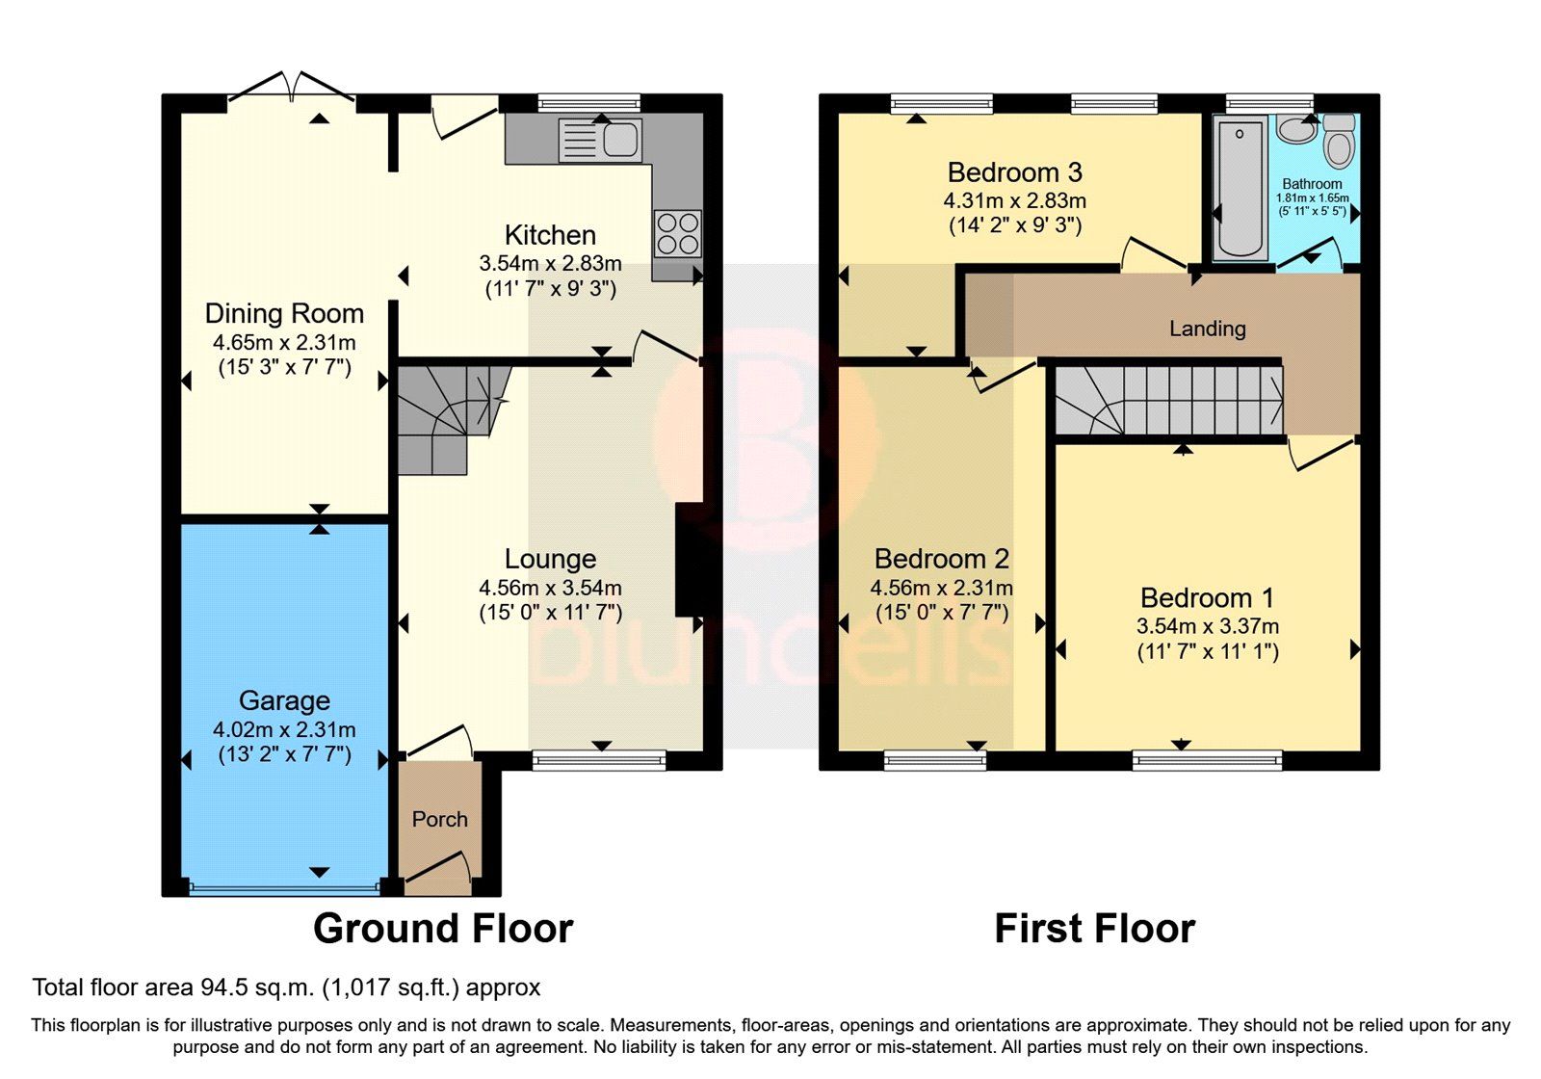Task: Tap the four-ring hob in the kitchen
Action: pos(677,233)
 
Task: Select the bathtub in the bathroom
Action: pos(1240,188)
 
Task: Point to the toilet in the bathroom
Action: pos(1339,143)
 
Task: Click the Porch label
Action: pos(439,819)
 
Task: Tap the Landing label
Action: pos(1207,329)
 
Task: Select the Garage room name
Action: pos(284,700)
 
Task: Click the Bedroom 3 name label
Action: pos(1014,172)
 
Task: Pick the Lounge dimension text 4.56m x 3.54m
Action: pos(550,588)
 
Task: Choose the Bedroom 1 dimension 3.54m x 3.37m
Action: pos(1207,626)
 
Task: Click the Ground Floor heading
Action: pos(443,929)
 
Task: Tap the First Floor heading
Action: pos(1094,929)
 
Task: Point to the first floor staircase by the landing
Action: pos(1168,400)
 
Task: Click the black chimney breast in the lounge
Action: pos(690,559)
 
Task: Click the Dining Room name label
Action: pos(284,313)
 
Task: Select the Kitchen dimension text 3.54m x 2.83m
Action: pos(550,263)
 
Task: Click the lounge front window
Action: pos(598,760)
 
